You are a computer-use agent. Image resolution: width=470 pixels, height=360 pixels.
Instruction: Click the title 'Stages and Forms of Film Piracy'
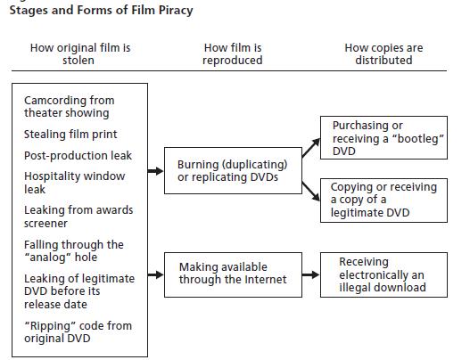(102, 10)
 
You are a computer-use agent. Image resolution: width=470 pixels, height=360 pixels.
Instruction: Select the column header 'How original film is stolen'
(80, 53)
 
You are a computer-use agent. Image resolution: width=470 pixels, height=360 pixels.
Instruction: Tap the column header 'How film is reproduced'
(233, 53)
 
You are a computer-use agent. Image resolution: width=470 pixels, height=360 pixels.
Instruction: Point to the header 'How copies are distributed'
(383, 53)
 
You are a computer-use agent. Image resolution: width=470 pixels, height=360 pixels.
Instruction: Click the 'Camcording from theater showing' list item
(70, 107)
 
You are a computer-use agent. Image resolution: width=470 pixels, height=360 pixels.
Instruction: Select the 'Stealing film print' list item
(70, 135)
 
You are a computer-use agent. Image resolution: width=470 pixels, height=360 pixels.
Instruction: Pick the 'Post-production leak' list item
(78, 155)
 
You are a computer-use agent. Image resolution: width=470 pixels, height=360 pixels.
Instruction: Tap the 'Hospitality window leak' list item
(74, 183)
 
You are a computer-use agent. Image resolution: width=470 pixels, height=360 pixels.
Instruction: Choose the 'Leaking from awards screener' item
(78, 217)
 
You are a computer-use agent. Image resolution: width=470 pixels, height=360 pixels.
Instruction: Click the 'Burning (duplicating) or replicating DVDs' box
(233, 170)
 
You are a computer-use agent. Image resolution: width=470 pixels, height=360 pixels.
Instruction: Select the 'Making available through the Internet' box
(233, 275)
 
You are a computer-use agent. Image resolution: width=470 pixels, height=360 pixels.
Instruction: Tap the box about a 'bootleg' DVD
(383, 137)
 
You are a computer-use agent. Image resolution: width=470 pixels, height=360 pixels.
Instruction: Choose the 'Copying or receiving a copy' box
(383, 200)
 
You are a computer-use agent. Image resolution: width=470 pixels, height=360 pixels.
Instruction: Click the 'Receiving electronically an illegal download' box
(383, 275)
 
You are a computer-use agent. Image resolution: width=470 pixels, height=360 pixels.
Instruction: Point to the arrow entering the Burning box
(155, 171)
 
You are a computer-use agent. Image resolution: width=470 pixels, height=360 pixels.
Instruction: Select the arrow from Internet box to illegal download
(311, 274)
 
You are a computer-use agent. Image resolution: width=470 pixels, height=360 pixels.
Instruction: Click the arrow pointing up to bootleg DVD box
(311, 148)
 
